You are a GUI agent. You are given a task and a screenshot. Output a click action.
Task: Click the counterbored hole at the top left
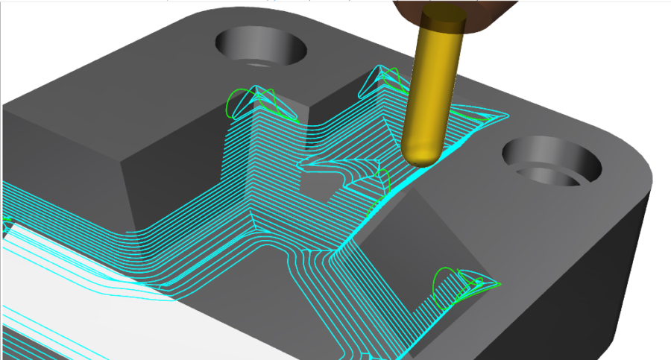pos(261,49)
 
